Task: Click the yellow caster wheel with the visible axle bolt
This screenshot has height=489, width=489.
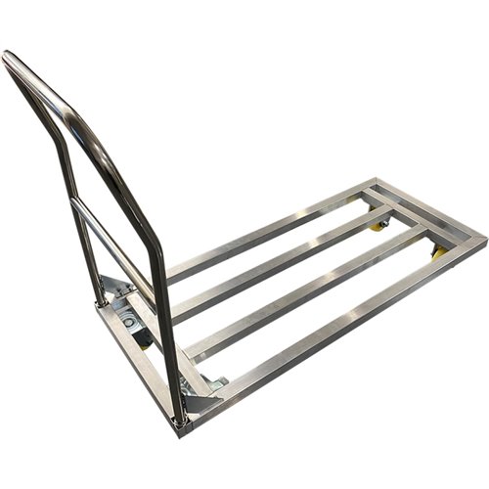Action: pos(378,226)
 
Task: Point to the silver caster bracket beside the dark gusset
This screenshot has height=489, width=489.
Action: pos(217,383)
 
